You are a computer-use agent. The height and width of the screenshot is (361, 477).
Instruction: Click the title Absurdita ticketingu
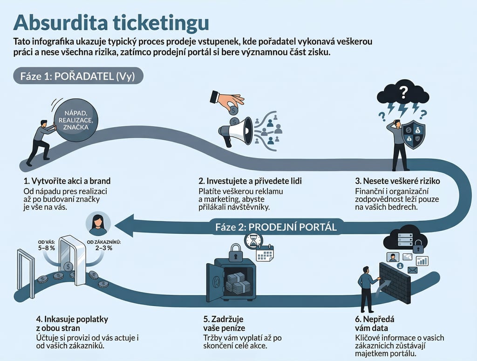click(111, 21)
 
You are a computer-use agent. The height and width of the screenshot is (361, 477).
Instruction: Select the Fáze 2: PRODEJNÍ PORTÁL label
click(276, 227)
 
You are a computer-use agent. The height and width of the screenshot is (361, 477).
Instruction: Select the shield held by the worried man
click(414, 134)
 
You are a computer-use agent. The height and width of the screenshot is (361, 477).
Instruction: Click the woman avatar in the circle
click(98, 224)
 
